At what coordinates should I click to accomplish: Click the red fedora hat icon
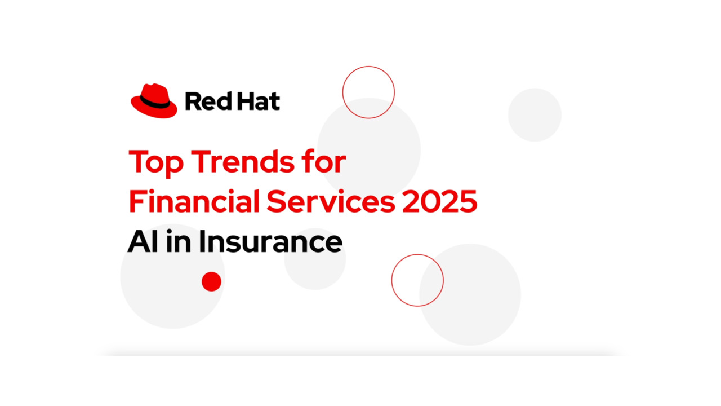pos(154,101)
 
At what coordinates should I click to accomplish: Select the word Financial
pos(194,202)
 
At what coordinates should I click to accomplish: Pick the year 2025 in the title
pos(440,202)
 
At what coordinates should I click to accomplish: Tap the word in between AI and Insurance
pos(176,241)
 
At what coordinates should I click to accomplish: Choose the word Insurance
pos(270,241)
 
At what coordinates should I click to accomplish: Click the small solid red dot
pos(211,281)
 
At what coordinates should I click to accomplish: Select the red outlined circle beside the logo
pos(368,92)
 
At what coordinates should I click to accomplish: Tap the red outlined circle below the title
pos(417,280)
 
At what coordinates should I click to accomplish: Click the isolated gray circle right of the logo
pos(535,115)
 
